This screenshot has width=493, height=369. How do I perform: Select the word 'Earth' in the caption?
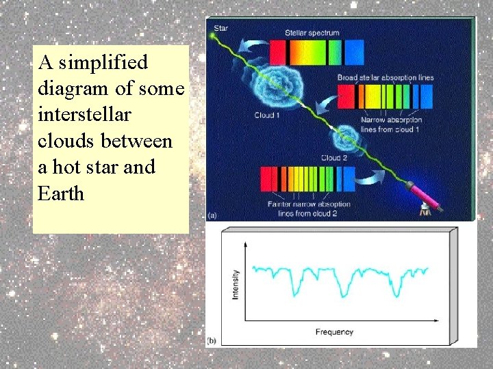61,193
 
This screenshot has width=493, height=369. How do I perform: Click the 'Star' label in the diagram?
221,29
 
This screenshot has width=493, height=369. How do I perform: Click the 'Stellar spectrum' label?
312,32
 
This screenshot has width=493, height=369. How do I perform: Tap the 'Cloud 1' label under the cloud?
267,115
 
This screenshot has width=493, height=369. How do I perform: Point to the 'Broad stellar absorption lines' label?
385,78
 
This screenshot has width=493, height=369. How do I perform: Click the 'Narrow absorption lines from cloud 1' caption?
388,124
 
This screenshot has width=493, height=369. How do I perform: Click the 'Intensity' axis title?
236,285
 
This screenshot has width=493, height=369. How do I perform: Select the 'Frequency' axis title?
334,332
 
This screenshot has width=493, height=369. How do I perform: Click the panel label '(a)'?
212,215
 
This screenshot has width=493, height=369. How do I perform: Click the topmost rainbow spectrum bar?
316,51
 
